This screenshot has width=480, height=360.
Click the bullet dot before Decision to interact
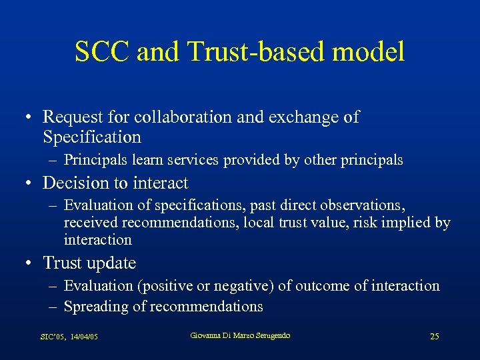[29, 183]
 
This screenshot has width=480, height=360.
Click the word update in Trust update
[111, 263]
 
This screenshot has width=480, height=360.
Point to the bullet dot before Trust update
[29, 264]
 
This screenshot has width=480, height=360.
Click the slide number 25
[435, 337]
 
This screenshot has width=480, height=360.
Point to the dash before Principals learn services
[53, 160]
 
